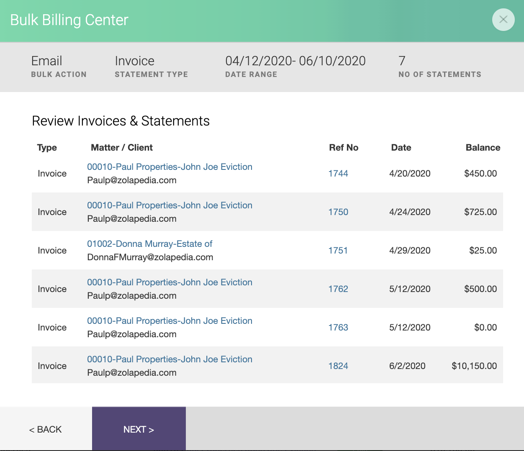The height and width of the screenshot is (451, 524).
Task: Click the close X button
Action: (x=503, y=20)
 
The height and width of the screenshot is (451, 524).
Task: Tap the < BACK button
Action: (x=46, y=429)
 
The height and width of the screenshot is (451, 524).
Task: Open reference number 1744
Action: (x=338, y=174)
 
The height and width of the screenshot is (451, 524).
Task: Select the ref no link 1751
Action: (x=338, y=251)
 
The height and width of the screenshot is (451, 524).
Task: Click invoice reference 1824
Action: (x=338, y=366)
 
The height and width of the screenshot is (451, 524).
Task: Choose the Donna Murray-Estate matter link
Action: (x=149, y=244)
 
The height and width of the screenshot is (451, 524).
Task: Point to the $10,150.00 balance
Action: (x=474, y=366)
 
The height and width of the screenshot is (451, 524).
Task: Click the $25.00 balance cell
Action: (x=483, y=251)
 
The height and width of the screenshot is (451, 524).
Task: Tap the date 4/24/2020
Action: (x=409, y=212)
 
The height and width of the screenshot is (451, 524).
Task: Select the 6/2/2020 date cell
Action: (x=407, y=366)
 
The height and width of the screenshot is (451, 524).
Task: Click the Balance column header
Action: (x=483, y=148)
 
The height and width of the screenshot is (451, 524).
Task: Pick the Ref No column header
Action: (x=343, y=148)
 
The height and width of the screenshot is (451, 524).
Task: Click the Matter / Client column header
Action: (x=121, y=148)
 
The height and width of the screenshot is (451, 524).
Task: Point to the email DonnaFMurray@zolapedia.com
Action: (x=150, y=257)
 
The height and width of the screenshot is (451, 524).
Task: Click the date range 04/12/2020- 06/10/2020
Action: (x=295, y=61)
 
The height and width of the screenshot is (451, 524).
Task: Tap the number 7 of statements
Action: (x=402, y=61)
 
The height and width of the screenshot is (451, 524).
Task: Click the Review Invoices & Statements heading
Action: (x=121, y=121)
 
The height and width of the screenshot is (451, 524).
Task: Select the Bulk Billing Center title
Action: (x=69, y=20)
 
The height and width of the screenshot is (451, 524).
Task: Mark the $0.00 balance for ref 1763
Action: (x=485, y=328)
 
